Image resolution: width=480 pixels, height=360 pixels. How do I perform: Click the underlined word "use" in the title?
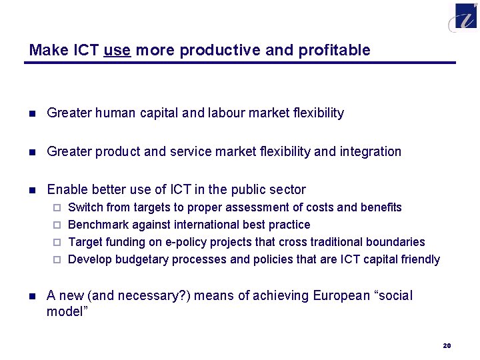point(117,51)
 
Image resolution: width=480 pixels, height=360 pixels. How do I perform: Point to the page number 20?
point(447,345)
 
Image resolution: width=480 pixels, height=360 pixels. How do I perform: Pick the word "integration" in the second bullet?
point(370,152)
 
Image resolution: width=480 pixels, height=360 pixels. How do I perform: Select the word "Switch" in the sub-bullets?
point(85,207)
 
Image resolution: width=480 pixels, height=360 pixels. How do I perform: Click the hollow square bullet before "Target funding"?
point(57,242)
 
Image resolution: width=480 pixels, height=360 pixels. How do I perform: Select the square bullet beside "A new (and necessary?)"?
point(31,296)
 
